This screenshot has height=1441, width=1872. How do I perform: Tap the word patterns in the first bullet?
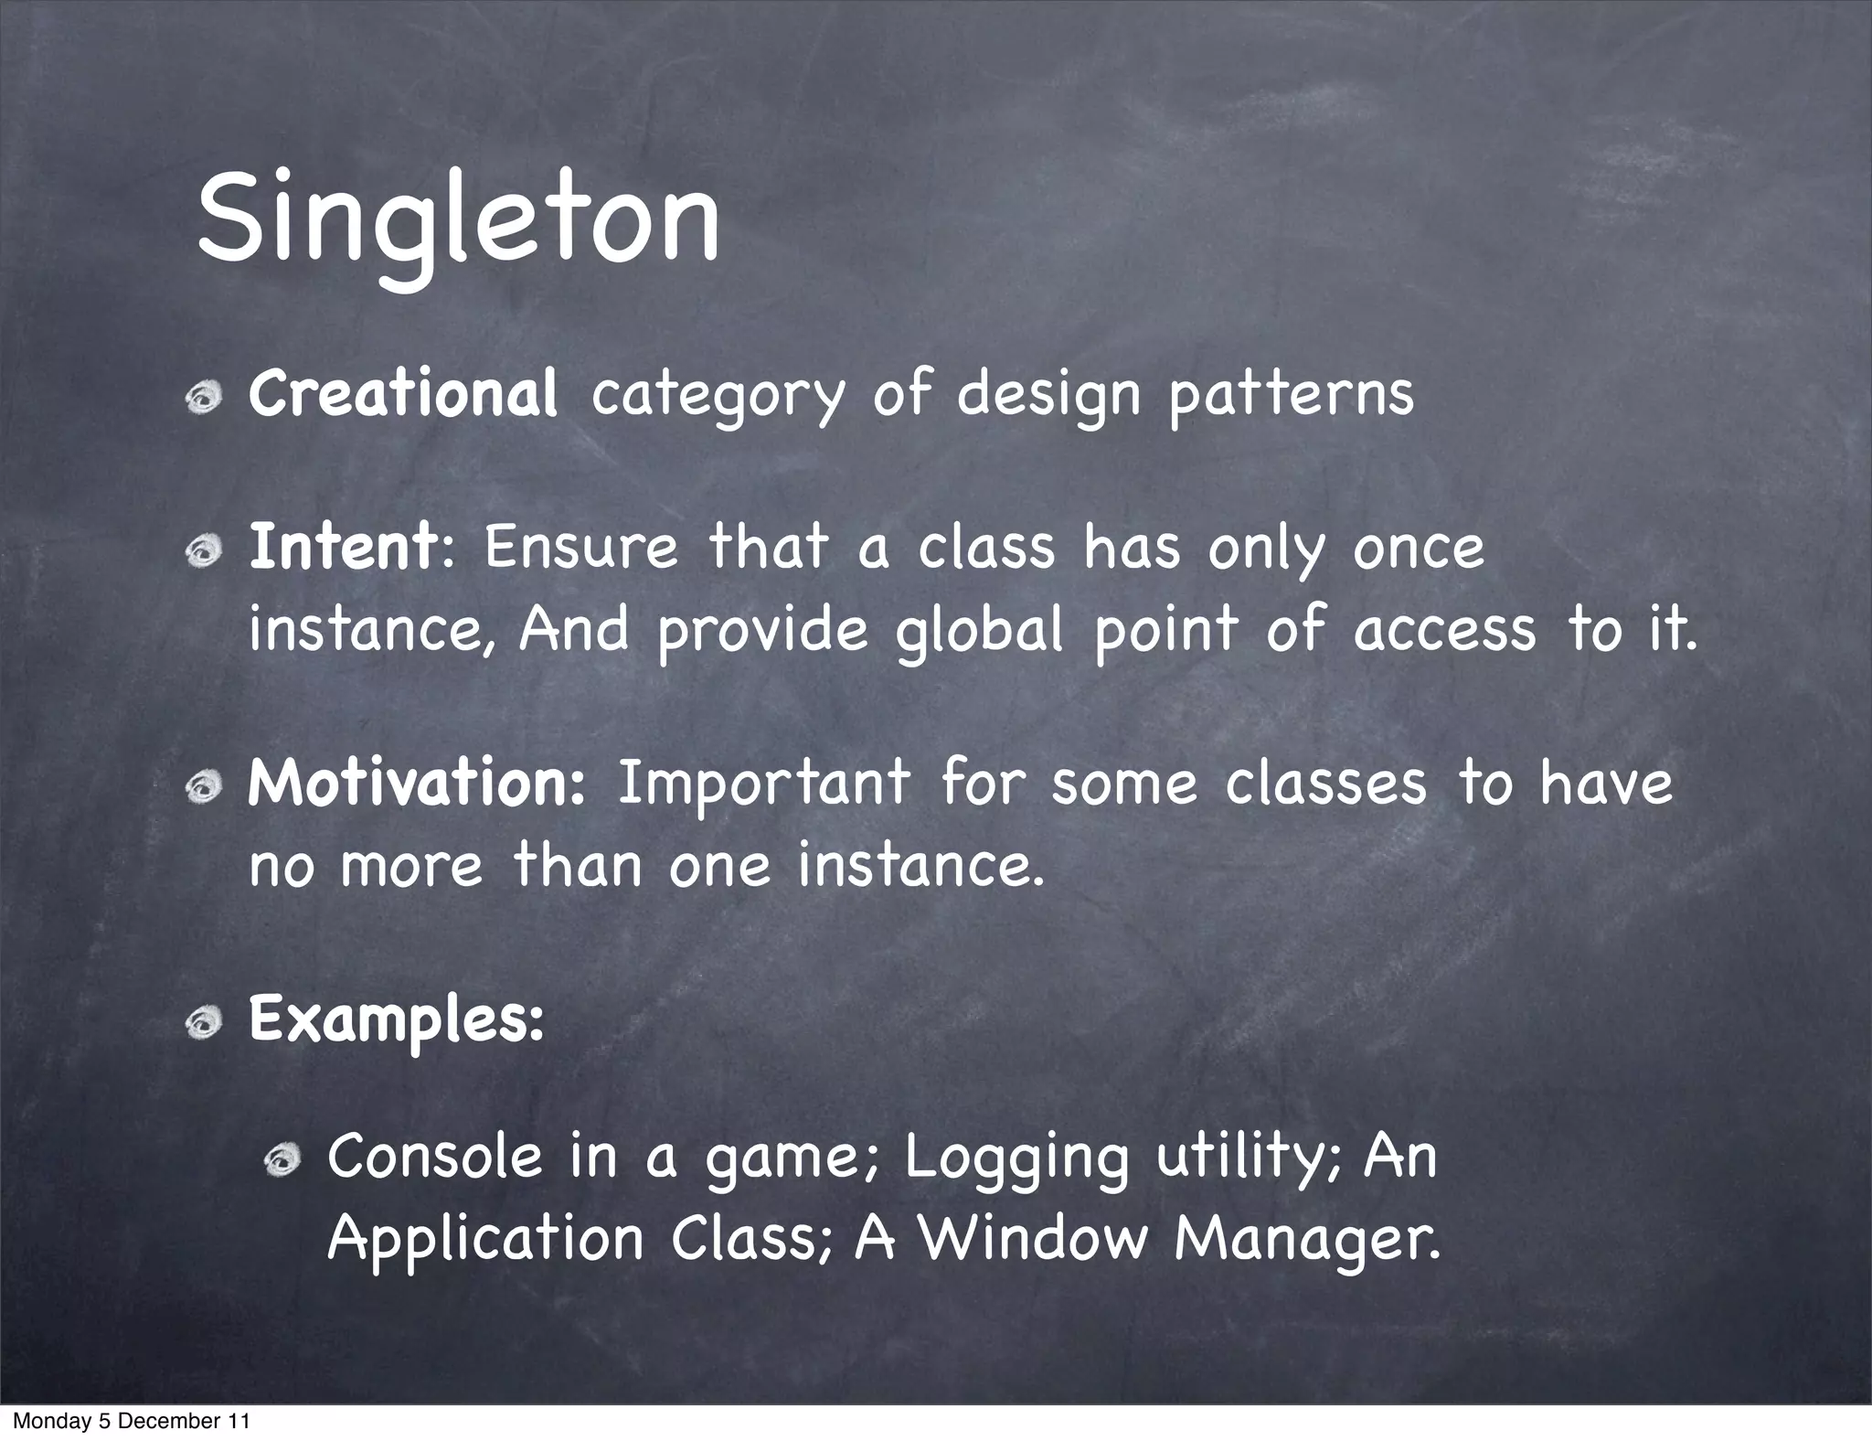point(1291,395)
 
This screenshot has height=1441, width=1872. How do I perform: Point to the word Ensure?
point(580,548)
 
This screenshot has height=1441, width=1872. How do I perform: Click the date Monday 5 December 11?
point(131,1421)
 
